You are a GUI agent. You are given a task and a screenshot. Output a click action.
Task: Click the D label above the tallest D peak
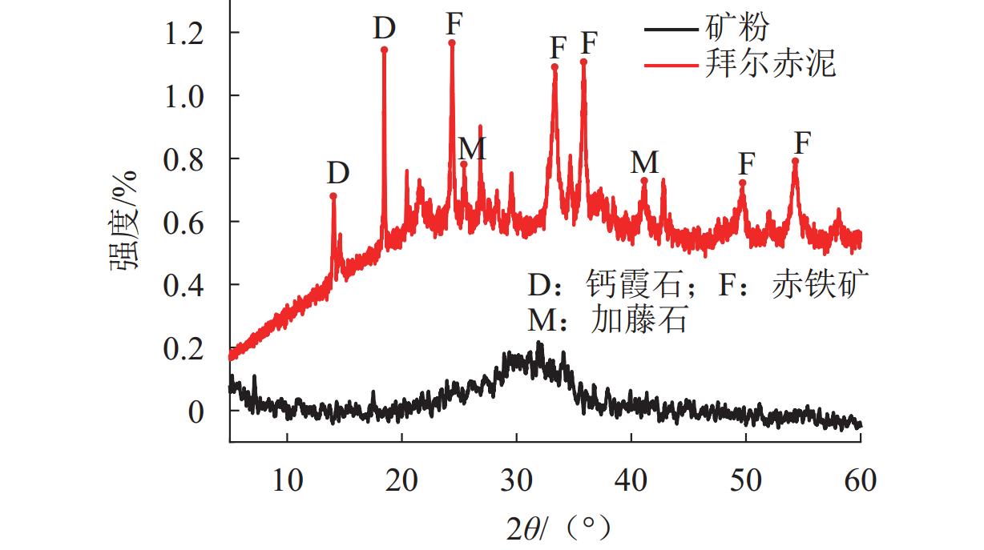pyautogui.click(x=385, y=29)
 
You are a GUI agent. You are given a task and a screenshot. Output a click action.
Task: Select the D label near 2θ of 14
pyautogui.click(x=338, y=173)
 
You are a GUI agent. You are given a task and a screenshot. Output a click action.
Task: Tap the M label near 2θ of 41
pyautogui.click(x=644, y=163)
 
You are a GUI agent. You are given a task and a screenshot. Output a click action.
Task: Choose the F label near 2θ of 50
pyautogui.click(x=746, y=164)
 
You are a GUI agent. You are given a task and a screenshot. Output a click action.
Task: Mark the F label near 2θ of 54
pyautogui.click(x=802, y=143)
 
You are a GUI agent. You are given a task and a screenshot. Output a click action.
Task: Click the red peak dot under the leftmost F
pyautogui.click(x=452, y=43)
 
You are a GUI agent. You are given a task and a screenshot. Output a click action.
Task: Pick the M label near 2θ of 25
pyautogui.click(x=472, y=148)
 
